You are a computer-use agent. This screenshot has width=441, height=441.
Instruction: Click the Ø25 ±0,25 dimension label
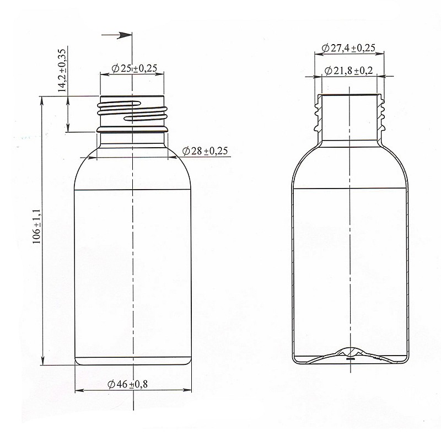(x=134, y=68)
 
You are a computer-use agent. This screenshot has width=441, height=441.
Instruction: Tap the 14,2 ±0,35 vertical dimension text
(x=62, y=71)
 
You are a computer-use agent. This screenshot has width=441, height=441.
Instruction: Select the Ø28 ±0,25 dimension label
(x=205, y=151)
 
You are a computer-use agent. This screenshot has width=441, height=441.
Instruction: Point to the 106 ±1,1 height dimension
(x=37, y=226)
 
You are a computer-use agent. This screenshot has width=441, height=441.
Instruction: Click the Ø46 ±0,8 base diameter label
(x=127, y=384)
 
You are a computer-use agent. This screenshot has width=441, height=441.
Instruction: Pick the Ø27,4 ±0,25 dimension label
(x=348, y=48)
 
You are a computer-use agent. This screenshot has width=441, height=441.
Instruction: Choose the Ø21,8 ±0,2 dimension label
(x=349, y=71)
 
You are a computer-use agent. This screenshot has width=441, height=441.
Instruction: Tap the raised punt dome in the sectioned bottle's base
(x=349, y=352)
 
